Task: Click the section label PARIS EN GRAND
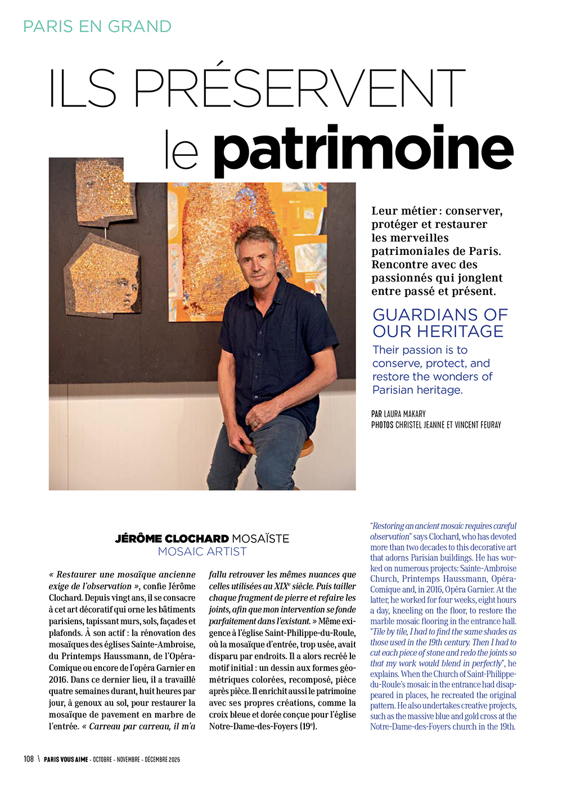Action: tap(97, 26)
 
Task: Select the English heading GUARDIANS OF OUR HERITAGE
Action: tap(440, 323)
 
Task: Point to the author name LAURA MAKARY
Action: tap(405, 414)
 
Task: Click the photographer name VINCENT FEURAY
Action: tap(478, 425)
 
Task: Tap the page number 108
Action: tap(29, 759)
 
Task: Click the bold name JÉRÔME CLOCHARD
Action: tap(172, 539)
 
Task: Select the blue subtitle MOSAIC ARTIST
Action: tap(202, 552)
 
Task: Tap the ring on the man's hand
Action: tap(256, 423)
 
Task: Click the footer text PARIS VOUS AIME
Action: tap(66, 759)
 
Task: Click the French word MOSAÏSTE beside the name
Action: tap(260, 539)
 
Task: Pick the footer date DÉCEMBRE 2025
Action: tap(162, 759)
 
